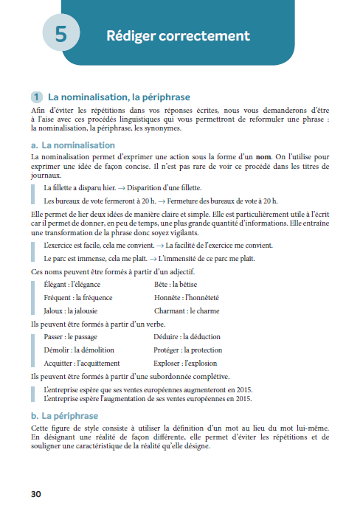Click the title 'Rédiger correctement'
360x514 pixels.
[x=178, y=35]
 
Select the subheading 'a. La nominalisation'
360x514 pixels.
[x=73, y=145]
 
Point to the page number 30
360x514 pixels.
[x=38, y=493]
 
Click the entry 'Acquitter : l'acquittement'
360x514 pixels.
[x=81, y=364]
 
